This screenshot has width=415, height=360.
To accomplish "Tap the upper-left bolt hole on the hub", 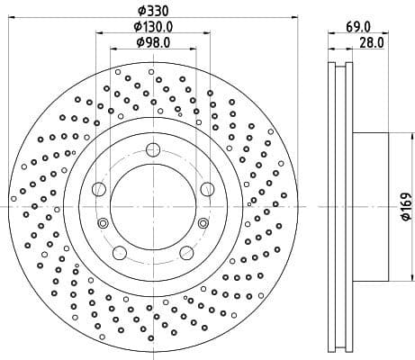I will tap(99, 188).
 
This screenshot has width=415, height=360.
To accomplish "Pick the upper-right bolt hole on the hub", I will tap(207, 188).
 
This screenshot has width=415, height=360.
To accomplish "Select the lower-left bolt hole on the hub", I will tap(119, 252).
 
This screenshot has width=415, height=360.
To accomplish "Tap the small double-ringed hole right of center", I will tap(203, 223).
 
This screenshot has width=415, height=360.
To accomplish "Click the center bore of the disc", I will tap(152, 207).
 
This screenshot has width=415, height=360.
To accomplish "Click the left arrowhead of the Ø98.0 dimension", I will tap(112, 49).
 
